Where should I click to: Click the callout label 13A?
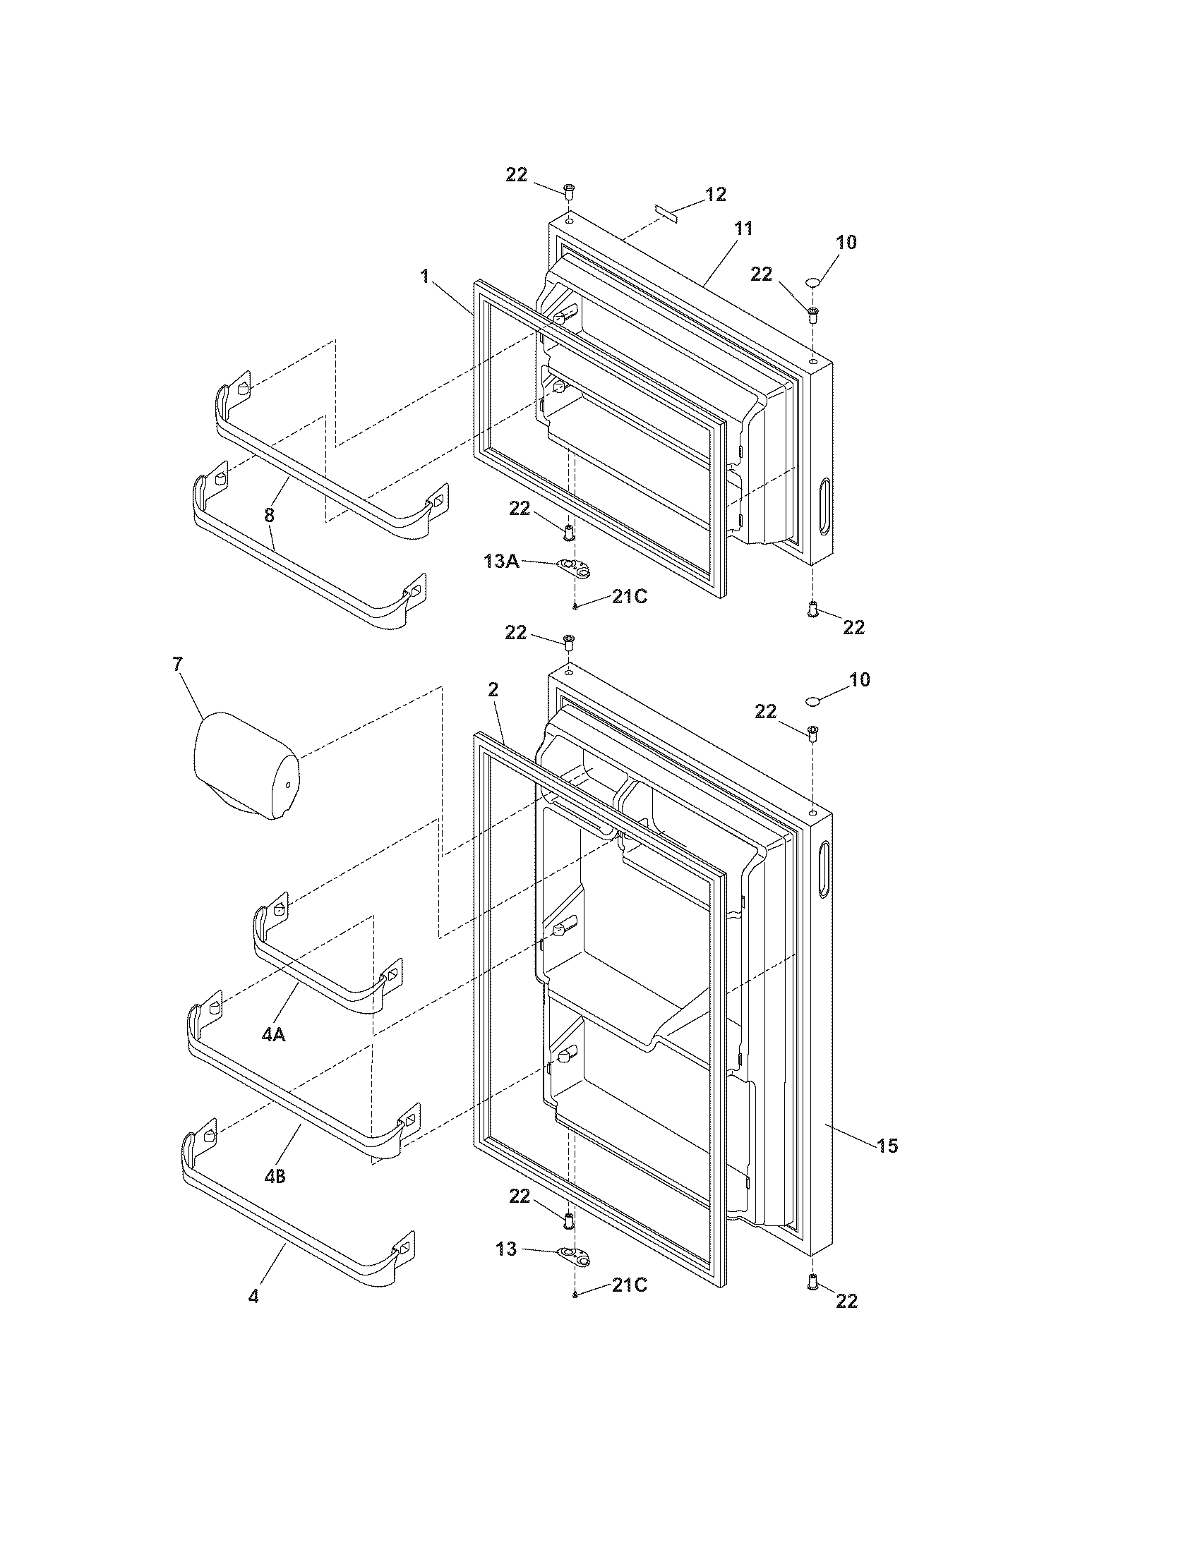502,562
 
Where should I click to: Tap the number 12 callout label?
715,194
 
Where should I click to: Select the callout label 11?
743,228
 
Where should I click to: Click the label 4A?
273,1036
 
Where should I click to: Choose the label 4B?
275,1177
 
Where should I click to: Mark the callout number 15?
887,1145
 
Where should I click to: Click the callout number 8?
269,515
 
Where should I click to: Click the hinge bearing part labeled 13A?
575,567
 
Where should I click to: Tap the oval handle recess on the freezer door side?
824,506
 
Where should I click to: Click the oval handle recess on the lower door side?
824,868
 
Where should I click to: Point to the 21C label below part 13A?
629,597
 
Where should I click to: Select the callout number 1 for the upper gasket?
425,276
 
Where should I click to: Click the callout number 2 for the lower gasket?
493,689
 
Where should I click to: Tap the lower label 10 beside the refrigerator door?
860,679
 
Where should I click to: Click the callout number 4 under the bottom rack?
253,1316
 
